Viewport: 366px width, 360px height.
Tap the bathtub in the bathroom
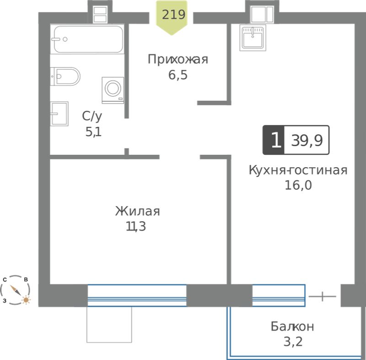[88, 39]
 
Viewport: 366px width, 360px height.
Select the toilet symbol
[65, 76]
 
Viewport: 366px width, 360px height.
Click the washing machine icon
[113, 90]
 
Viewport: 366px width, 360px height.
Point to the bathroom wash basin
[59, 114]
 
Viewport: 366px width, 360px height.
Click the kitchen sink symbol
[253, 38]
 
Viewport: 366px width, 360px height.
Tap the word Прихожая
[178, 60]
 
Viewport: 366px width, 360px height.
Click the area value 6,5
[178, 75]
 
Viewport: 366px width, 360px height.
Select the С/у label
[92, 116]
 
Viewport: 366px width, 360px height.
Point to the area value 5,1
[94, 132]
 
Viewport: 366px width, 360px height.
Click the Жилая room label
[138, 211]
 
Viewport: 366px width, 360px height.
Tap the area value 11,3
[136, 226]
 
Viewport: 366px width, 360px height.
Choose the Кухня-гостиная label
[298, 170]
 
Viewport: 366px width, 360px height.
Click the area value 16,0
[298, 185]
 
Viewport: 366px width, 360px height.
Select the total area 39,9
[307, 141]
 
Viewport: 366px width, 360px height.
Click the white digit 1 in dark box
[276, 140]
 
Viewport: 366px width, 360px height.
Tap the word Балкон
[292, 327]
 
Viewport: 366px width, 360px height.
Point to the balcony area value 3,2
[293, 342]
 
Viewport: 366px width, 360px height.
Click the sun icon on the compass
[26, 300]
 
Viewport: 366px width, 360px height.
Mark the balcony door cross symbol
[323, 296]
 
